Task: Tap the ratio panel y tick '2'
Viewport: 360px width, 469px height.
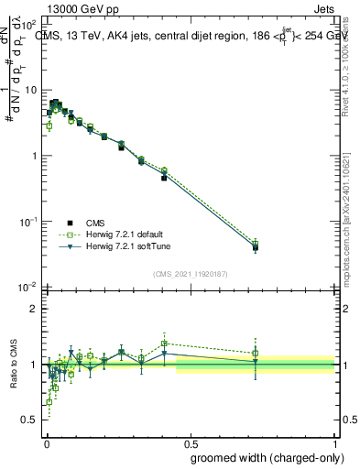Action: pos(35,309)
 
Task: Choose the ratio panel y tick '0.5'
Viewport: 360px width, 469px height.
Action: pos(30,420)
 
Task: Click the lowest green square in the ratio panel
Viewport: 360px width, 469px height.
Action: pos(49,401)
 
